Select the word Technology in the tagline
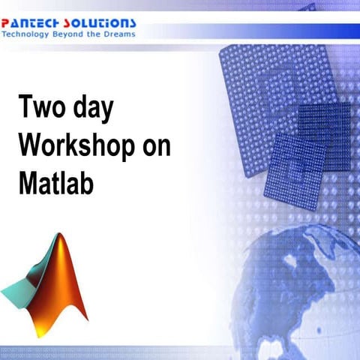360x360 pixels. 28,35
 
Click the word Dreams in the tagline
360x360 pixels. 121,35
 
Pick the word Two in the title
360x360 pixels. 42,109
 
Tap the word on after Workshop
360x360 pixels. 154,147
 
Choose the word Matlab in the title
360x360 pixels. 56,183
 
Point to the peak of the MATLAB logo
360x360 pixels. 59,238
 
